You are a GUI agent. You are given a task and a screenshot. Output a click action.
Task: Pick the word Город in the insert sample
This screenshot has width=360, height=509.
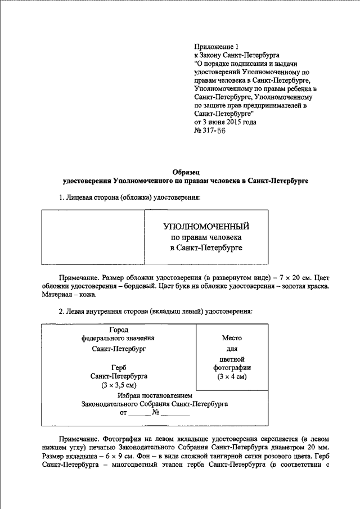click(x=119, y=329)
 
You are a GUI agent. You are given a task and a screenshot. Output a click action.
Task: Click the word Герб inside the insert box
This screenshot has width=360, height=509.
click(x=119, y=366)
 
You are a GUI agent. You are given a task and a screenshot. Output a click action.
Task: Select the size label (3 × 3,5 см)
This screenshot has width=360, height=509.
click(x=119, y=385)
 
